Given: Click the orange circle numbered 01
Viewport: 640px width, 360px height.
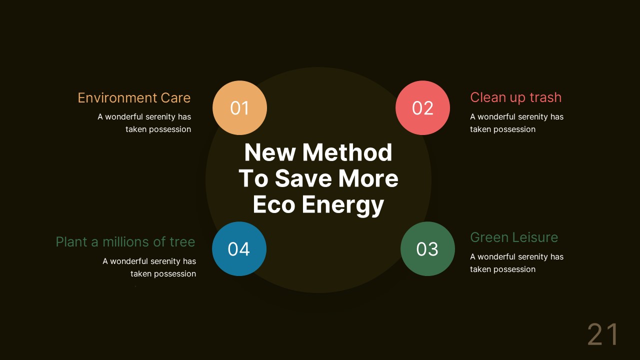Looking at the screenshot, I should (239, 108).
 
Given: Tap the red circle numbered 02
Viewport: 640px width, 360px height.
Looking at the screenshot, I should (422, 108).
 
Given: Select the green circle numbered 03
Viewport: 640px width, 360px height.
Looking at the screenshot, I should (427, 249).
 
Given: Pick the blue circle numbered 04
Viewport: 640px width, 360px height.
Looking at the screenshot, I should (239, 249).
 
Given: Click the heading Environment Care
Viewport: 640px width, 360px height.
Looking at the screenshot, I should (134, 98).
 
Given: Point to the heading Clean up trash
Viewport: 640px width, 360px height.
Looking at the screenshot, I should (515, 97).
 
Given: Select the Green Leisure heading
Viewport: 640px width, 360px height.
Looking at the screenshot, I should (514, 237).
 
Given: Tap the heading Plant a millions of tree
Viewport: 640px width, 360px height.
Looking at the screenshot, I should (125, 242).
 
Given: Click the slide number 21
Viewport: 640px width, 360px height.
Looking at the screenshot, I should (602, 334).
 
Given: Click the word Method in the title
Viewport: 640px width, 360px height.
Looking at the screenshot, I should (347, 152).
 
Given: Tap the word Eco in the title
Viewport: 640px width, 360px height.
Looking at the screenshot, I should (272, 204).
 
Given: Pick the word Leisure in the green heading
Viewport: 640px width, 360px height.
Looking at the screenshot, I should (533, 237).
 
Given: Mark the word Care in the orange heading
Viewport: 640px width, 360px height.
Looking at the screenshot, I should (175, 98).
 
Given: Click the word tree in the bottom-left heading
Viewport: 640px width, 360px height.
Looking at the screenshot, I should (182, 242).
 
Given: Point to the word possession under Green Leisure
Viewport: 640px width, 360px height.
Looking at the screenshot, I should (512, 269).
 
